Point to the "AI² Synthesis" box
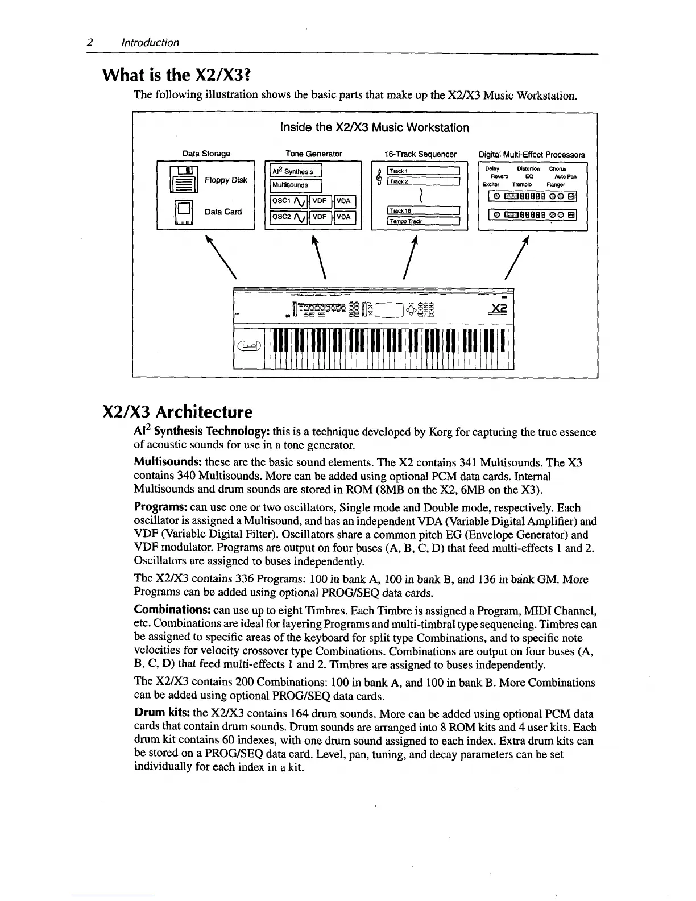click(x=296, y=171)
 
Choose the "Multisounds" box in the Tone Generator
click(x=296, y=185)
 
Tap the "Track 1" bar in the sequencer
click(x=422, y=170)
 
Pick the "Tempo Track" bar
click(x=422, y=221)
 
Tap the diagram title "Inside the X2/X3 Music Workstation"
click(x=375, y=127)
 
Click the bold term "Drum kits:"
click(x=162, y=713)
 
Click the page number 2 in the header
click(x=90, y=42)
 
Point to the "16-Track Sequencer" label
click(x=420, y=154)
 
